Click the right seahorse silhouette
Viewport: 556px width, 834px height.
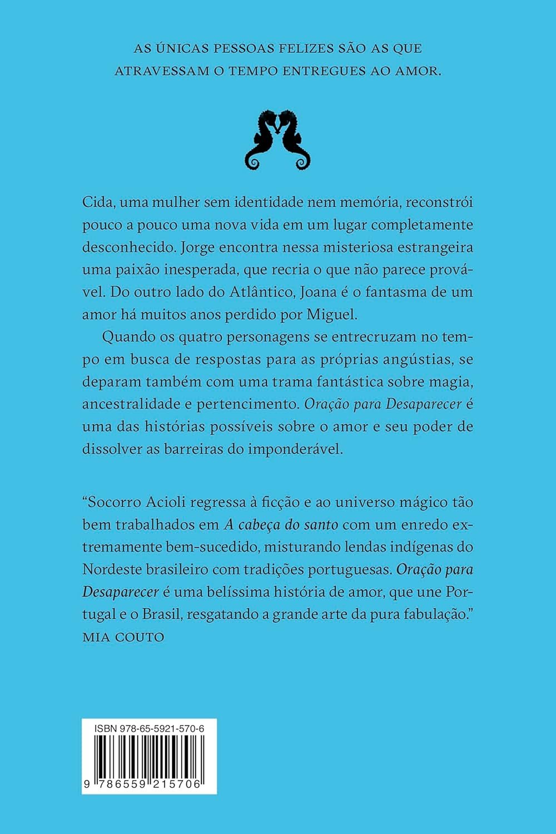[293, 139]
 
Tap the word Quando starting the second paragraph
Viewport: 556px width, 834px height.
[127, 336]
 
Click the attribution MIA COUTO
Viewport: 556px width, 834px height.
[123, 637]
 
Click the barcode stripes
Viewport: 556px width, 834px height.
[149, 756]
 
